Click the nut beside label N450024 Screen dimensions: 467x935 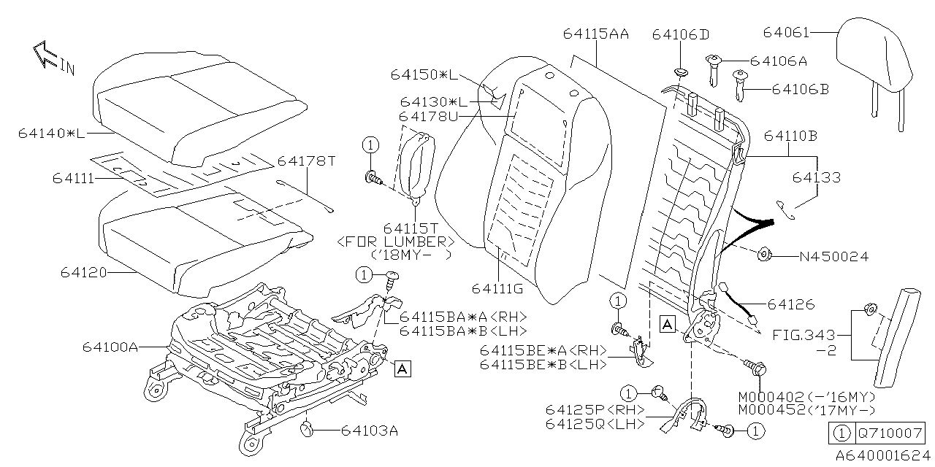coord(764,255)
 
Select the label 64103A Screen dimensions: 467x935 coord(369,431)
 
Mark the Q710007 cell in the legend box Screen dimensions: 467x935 coord(890,433)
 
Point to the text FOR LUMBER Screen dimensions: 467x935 coord(397,242)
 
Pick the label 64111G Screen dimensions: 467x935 coord(497,289)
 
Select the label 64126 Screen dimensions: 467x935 coord(790,304)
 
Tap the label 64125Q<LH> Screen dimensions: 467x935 coord(595,424)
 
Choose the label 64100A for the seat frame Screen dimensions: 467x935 coord(110,348)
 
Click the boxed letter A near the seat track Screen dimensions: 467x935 coord(401,369)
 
